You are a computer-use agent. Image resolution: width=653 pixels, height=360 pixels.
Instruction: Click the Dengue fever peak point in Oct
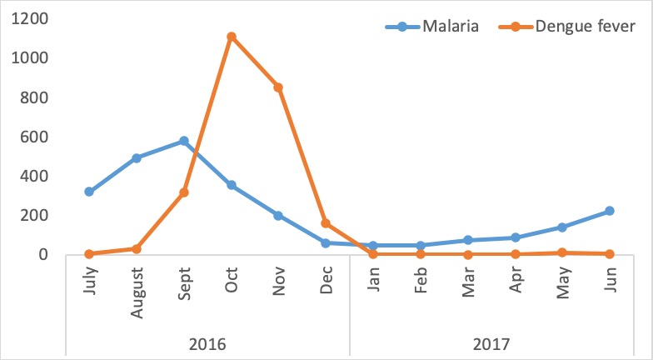(232, 37)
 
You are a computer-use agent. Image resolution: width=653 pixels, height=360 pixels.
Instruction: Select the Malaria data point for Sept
(184, 141)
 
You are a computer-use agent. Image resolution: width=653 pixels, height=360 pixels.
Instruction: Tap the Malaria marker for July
(89, 192)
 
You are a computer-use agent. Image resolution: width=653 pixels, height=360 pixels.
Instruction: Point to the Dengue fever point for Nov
(279, 87)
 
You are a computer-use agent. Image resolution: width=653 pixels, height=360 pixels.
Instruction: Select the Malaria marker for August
(137, 157)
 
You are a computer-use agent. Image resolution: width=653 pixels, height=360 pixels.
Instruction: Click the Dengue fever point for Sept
(184, 192)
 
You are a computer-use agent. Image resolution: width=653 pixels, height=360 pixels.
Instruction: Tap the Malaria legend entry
(433, 27)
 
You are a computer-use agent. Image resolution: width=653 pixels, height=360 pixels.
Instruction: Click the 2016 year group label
(207, 342)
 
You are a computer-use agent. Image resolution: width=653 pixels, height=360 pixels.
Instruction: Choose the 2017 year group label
(492, 342)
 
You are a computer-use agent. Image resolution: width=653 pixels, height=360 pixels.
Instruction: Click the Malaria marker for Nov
(279, 215)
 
